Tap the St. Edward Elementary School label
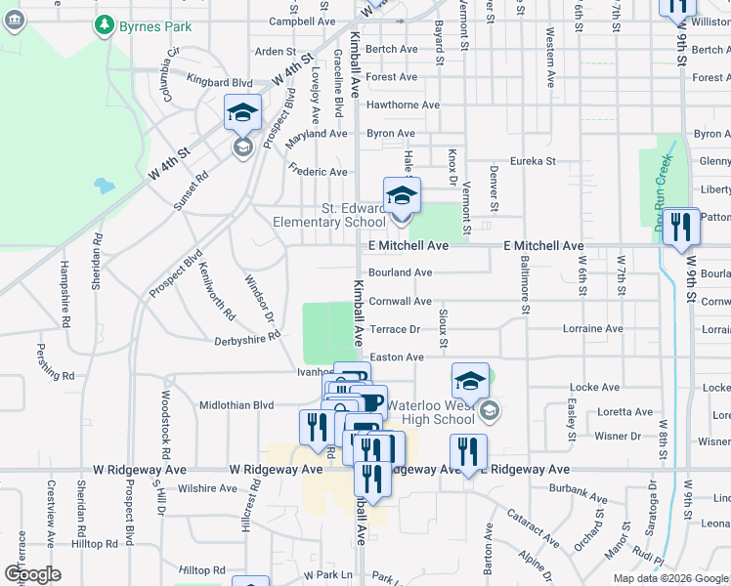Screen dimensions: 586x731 click(354, 215)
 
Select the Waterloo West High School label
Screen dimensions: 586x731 click(430, 412)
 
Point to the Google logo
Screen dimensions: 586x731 click(33, 573)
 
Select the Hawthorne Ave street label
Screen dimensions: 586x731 click(403, 105)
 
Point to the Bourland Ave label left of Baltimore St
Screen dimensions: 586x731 click(400, 272)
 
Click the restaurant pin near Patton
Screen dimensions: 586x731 click(681, 227)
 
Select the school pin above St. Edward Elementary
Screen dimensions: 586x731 click(401, 195)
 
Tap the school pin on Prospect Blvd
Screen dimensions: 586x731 click(242, 113)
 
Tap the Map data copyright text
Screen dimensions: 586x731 click(669, 578)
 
